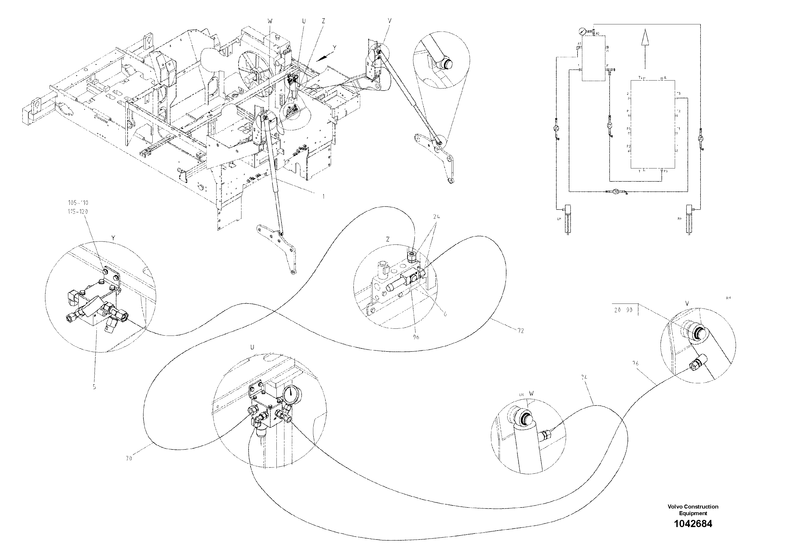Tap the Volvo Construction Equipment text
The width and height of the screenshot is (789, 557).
pos(693,510)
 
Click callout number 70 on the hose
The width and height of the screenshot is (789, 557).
pos(129,458)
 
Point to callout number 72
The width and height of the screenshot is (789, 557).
pos(520,331)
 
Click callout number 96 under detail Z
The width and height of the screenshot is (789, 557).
pos(416,337)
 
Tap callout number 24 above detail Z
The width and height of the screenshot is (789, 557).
pos(437,217)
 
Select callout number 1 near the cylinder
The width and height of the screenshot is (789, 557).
pos(323,197)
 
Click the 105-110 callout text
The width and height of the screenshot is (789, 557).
pos(78,203)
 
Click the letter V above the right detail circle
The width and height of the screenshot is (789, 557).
pos(687,304)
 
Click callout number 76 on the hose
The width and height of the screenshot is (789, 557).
pos(635,363)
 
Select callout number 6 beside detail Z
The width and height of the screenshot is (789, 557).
pos(445,314)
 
